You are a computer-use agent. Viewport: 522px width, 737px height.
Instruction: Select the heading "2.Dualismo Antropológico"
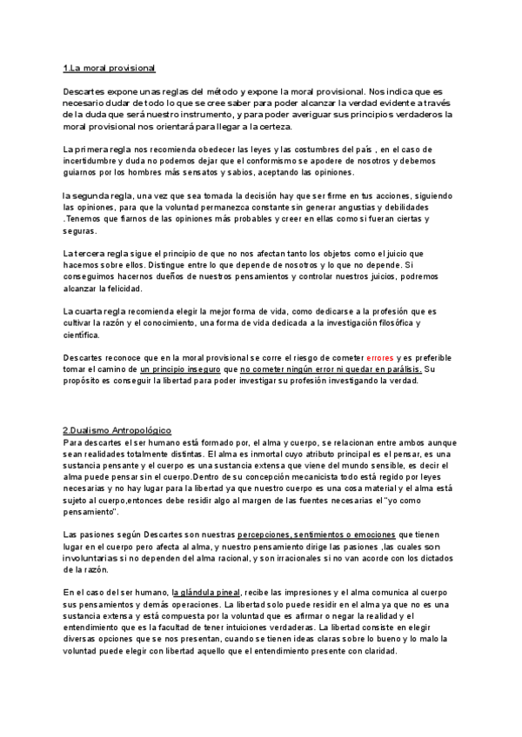pos(117,430)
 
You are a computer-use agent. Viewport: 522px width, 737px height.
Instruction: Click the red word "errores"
pos(380,357)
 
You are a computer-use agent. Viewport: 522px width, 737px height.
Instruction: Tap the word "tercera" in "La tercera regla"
pos(102,252)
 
